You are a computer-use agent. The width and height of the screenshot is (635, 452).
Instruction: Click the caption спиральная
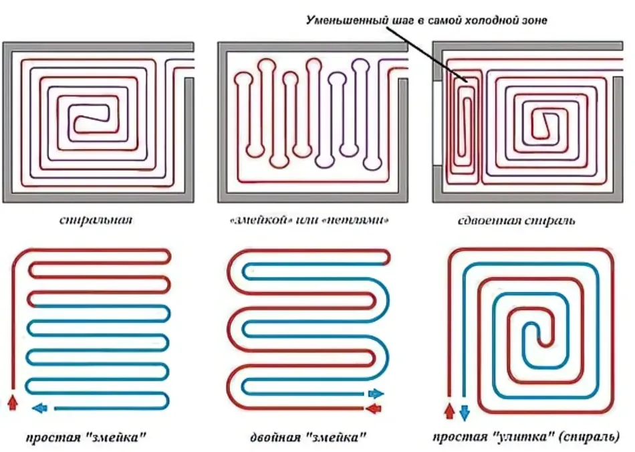96,220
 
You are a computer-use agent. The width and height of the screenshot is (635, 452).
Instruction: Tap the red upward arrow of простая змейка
13,403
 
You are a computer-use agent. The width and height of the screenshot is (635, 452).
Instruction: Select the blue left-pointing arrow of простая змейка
39,408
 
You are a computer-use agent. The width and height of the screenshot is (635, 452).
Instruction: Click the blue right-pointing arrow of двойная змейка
376,393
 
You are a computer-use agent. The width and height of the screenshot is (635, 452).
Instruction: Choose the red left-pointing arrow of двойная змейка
374,409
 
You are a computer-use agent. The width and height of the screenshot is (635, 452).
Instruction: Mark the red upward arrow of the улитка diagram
450,411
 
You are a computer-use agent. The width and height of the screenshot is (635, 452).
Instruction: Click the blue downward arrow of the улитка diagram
465,413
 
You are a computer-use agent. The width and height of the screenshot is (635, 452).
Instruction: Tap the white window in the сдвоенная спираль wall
437,123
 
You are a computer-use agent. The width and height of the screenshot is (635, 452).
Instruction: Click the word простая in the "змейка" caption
53,437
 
